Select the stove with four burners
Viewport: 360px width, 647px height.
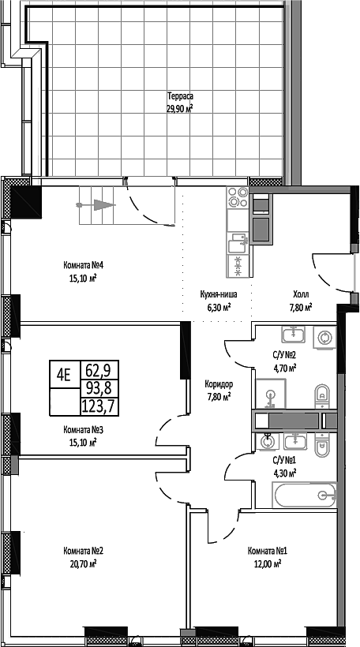[x=237, y=199]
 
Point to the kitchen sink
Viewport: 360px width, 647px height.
[x=237, y=238]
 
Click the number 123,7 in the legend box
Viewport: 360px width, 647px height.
[x=96, y=406]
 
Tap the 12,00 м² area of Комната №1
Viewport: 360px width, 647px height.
[x=267, y=564]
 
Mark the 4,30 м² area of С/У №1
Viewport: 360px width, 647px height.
[x=284, y=473]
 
